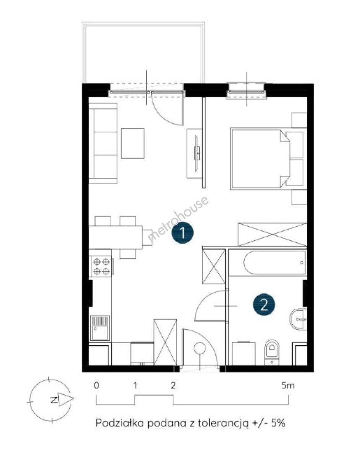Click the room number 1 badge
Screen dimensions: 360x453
click(182, 232)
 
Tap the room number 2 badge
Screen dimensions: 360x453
click(264, 304)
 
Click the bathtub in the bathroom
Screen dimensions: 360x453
click(275, 263)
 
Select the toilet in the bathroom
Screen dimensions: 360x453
click(272, 352)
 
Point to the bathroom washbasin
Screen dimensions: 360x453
click(298, 319)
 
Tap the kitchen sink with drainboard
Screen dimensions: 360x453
click(100, 328)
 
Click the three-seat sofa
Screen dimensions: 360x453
click(103, 143)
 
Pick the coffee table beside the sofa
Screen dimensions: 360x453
click(132, 143)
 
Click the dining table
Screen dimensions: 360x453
click(116, 237)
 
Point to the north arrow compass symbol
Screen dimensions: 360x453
click(51, 400)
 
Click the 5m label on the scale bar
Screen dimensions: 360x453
click(288, 385)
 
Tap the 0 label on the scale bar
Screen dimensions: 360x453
click(96, 385)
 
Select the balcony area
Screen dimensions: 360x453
click(143, 53)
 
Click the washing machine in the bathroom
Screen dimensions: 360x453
click(244, 354)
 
